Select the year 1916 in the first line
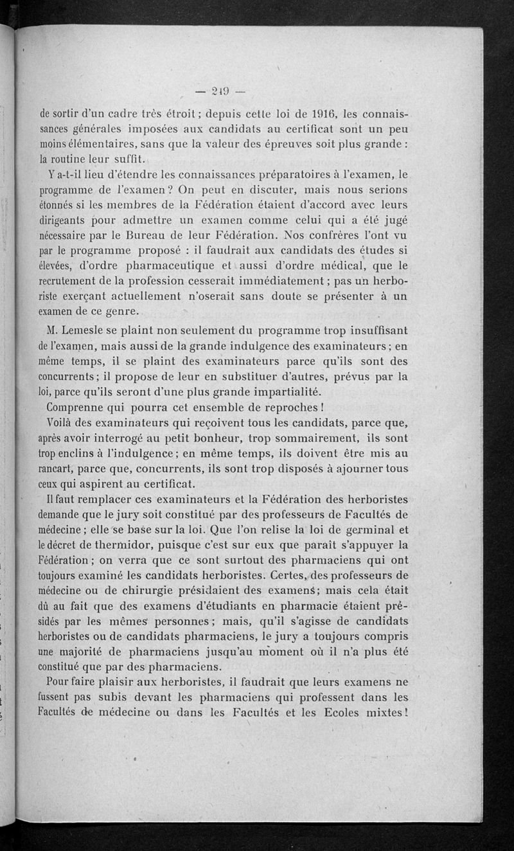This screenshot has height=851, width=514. pos(318,115)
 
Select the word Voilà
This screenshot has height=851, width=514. pos(62,423)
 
